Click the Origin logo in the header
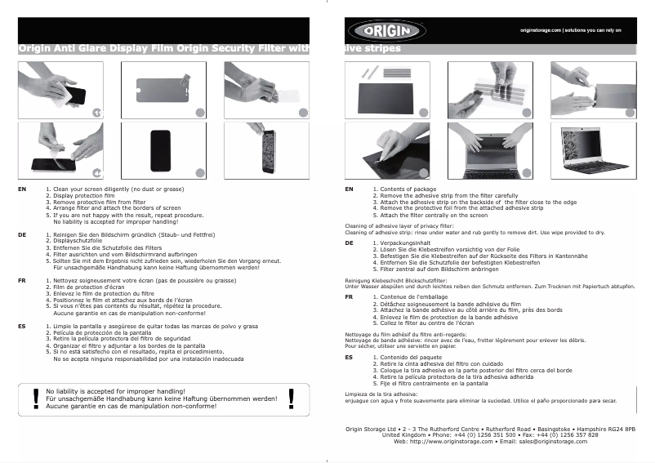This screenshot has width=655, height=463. pos(385,30)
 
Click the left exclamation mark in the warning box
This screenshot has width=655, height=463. pos(35,398)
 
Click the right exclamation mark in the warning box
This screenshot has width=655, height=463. pos(292,398)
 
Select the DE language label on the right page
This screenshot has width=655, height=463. pos(349,243)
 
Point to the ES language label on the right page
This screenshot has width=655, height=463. pos(349,357)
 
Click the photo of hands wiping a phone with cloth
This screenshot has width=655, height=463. pos(61,91)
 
